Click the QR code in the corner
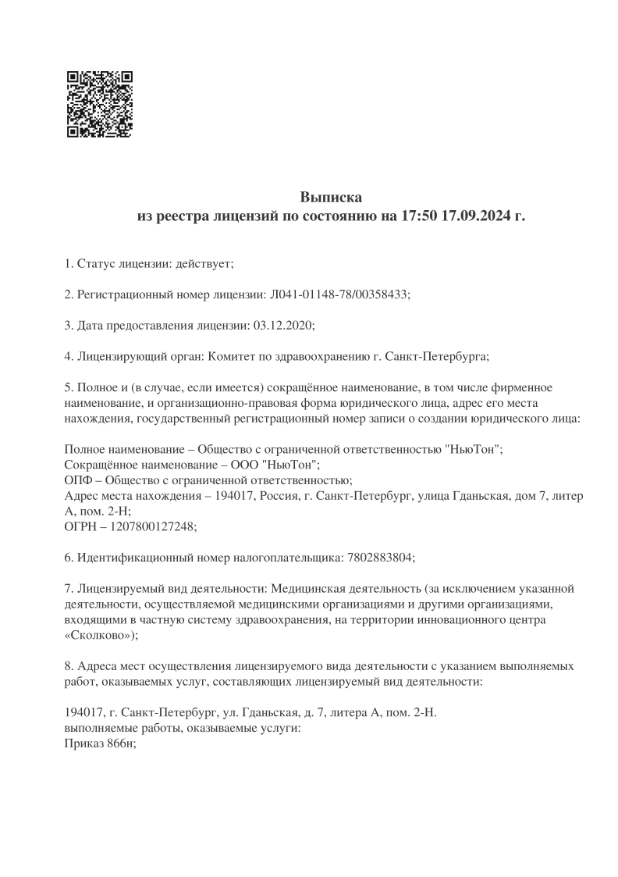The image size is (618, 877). coord(100,105)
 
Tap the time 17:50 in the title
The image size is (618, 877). coord(419,216)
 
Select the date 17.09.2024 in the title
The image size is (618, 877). coord(474,216)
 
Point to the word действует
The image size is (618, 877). coord(204,263)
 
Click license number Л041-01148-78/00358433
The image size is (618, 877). coord(339,294)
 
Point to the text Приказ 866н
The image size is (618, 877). coord(98,743)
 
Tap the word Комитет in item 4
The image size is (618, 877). coord(229,355)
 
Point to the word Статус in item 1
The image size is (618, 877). coord(94,263)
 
